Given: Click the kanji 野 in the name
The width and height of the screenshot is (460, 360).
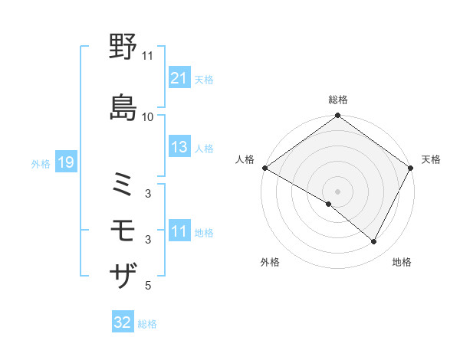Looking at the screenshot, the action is click(x=123, y=48).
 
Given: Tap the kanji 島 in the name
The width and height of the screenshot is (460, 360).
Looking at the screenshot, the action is click(x=123, y=106).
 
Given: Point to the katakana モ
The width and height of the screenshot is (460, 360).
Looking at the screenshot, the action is click(x=123, y=230).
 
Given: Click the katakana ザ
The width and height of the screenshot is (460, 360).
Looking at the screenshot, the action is click(x=123, y=274).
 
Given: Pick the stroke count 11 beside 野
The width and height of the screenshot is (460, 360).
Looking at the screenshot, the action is click(x=148, y=56).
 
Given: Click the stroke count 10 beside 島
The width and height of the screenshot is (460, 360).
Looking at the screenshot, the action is click(x=148, y=116).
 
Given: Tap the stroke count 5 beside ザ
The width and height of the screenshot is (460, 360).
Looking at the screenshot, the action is click(x=148, y=286).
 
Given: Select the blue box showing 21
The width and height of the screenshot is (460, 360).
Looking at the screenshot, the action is click(x=179, y=78).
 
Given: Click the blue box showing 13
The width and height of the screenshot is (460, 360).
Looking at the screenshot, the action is click(x=179, y=147).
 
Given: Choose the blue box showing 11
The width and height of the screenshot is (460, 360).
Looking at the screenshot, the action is click(x=179, y=231).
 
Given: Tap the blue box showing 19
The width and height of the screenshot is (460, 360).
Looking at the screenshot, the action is click(x=65, y=162).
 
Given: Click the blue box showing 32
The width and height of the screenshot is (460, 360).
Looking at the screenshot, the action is click(x=123, y=322).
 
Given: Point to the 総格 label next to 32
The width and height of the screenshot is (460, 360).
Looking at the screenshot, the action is click(x=147, y=323).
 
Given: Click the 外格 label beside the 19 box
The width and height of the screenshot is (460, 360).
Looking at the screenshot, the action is click(x=41, y=163).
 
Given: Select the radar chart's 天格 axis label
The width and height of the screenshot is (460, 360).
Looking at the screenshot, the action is click(x=431, y=159).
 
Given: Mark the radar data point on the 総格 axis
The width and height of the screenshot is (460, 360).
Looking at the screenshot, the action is click(x=337, y=116).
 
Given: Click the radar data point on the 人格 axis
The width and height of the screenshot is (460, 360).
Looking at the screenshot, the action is click(x=264, y=168).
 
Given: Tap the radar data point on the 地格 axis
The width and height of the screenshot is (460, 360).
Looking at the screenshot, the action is click(x=374, y=241).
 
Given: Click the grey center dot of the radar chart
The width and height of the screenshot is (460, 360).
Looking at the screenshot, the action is click(x=337, y=191).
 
